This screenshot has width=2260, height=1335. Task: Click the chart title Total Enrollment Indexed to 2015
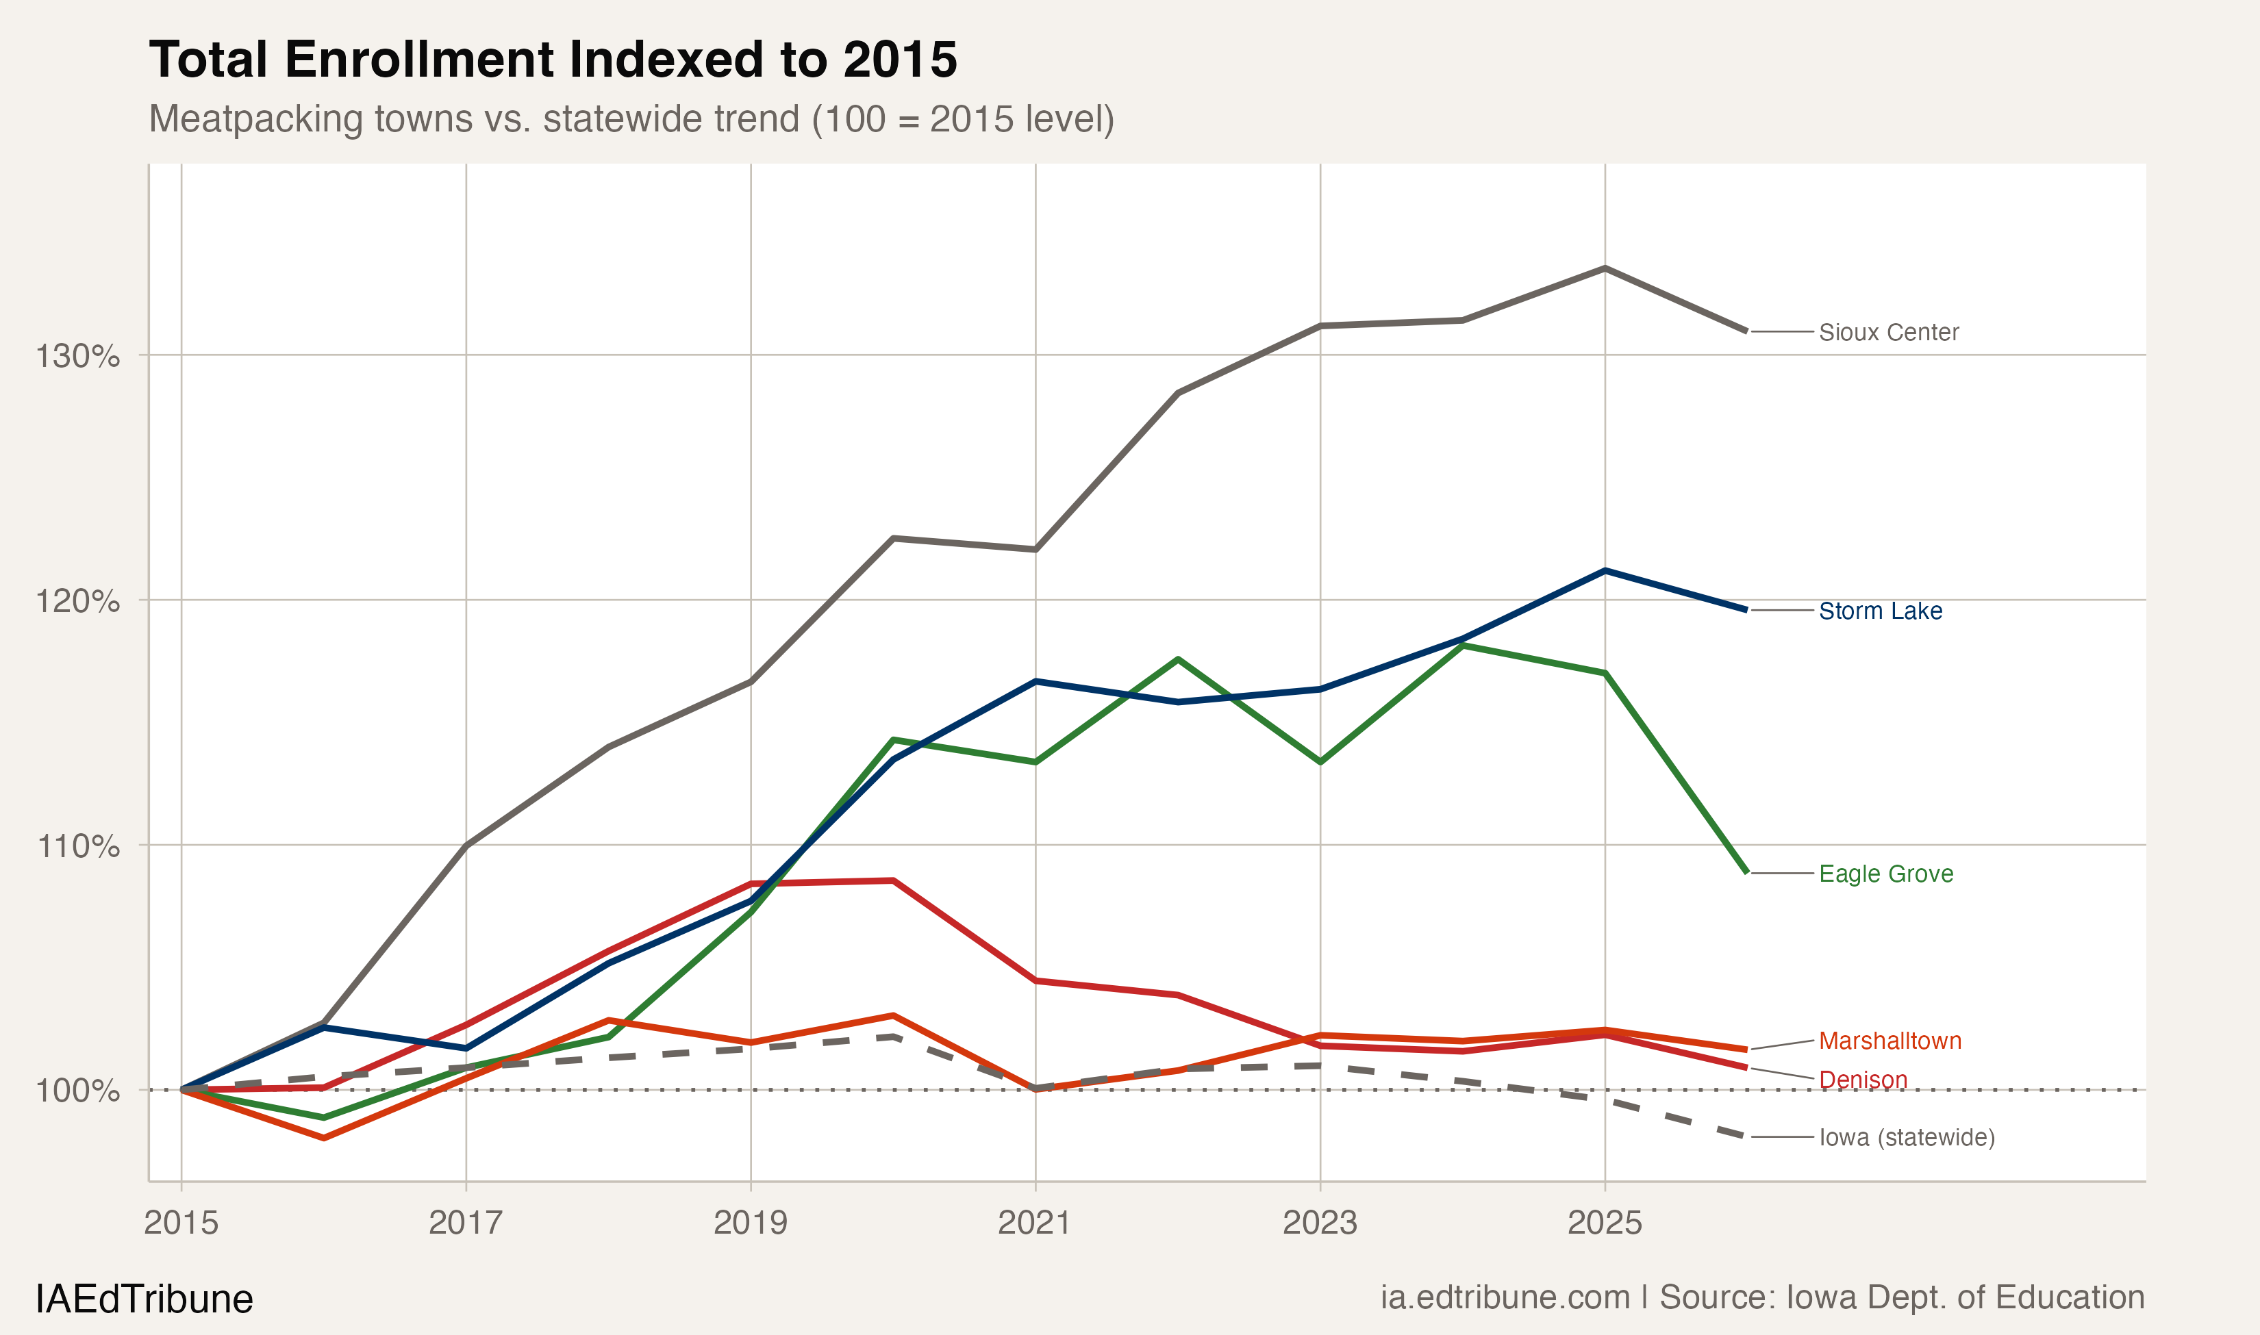click(x=553, y=60)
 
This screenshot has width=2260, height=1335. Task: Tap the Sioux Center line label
click(x=1887, y=332)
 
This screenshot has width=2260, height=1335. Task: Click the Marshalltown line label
click(x=1889, y=1041)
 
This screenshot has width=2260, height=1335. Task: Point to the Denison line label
click(x=1862, y=1080)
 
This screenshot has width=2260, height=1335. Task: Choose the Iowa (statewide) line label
click(x=1907, y=1137)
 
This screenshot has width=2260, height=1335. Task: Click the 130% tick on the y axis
click(x=77, y=356)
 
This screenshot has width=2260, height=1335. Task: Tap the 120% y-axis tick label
click(x=77, y=601)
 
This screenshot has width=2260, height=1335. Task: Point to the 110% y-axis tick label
click(x=77, y=845)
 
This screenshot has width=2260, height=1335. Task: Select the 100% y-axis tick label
click(x=77, y=1091)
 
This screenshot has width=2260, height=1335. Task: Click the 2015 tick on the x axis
click(x=181, y=1223)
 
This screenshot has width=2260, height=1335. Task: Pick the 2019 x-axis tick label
click(x=751, y=1223)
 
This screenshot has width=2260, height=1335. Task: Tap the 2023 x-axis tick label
click(x=1319, y=1223)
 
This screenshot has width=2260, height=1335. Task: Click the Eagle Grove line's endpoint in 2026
click(x=1746, y=872)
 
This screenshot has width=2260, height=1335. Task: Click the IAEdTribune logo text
click(x=144, y=1299)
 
